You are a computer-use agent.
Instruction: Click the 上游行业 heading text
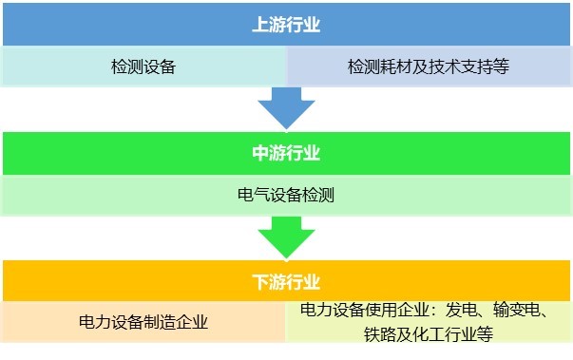coord(286,26)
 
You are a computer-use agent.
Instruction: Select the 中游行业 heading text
coord(286,154)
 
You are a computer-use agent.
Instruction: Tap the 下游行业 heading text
coord(286,282)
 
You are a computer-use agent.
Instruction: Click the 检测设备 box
coord(143,68)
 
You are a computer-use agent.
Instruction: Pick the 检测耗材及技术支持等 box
coord(429,68)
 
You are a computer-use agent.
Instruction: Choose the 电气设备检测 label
coord(286,197)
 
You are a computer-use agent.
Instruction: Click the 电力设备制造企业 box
coord(143,322)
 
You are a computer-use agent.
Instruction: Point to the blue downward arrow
coord(286,107)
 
